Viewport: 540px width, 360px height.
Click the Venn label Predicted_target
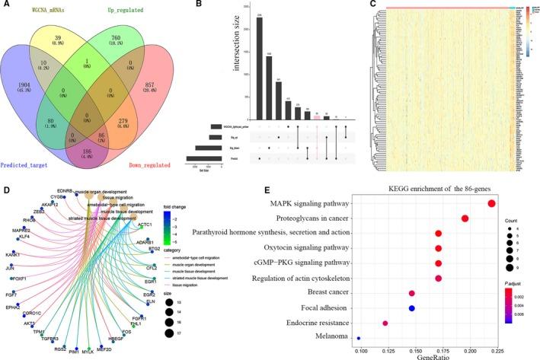(x=34, y=164)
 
